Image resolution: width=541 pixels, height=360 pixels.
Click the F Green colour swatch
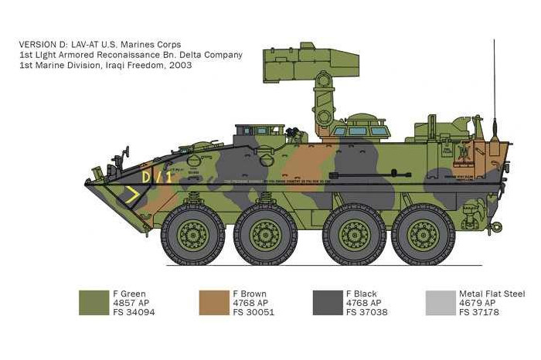point(94,302)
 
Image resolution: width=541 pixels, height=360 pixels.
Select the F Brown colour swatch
point(213,302)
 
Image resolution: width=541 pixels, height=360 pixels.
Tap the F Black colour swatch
point(327,302)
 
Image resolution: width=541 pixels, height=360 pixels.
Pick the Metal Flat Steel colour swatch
point(441,302)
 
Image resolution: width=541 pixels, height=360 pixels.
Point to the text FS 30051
point(253,313)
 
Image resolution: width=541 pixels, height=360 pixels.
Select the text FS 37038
point(367,313)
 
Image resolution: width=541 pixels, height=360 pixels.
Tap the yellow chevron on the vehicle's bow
point(134,196)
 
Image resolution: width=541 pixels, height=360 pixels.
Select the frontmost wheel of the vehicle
point(193,233)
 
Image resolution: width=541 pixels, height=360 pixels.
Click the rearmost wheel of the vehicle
point(423,233)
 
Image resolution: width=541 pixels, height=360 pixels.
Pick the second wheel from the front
point(265,233)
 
